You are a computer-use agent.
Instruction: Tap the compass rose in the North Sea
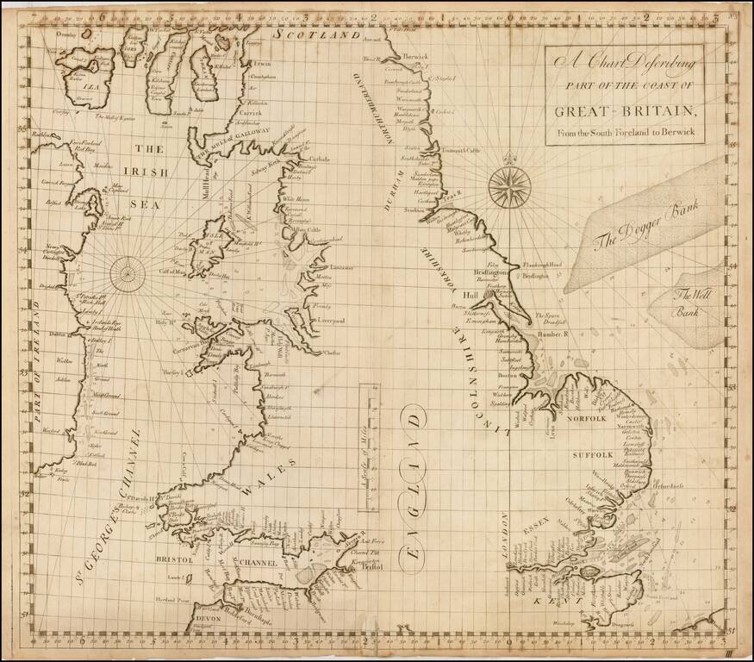tap(509, 184)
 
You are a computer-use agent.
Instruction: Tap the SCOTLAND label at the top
tap(315, 36)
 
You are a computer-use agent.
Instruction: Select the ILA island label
tap(61, 85)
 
